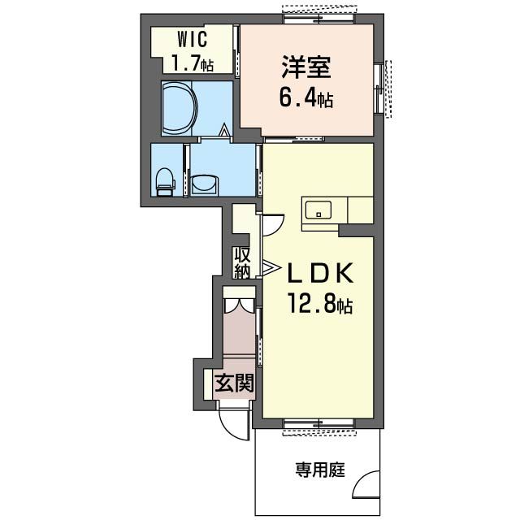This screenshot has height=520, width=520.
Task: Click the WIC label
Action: click(188, 39)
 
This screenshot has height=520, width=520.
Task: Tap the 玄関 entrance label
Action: click(234, 381)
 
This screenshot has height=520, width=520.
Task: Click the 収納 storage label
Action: click(242, 262)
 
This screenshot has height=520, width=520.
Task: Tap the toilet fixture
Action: click(165, 180)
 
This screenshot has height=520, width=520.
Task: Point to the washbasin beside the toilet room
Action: click(203, 184)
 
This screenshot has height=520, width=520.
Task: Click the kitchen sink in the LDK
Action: click(319, 210)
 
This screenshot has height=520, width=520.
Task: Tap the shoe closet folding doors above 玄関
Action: click(239, 306)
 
